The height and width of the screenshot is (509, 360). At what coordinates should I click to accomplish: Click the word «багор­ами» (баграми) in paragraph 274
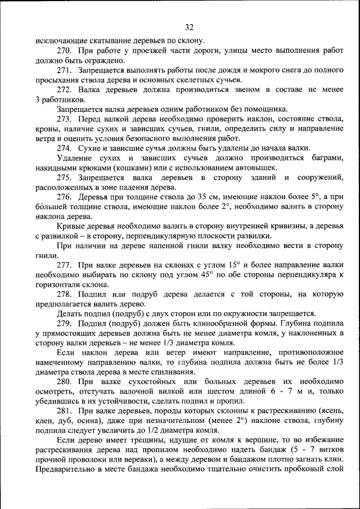[326, 158]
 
